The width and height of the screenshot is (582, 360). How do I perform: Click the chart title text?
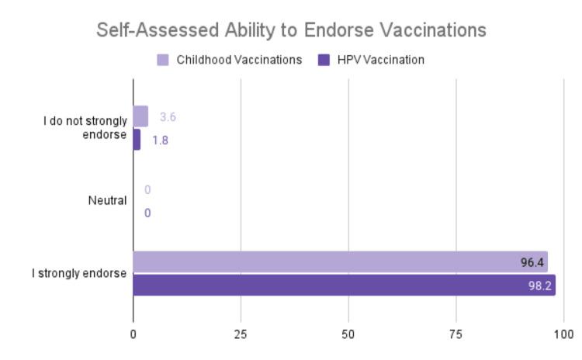[291, 30]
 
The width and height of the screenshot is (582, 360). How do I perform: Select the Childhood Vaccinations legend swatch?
[163, 60]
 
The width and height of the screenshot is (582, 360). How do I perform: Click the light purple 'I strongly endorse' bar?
[340, 262]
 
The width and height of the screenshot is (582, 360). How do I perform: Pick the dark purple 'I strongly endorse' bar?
[344, 285]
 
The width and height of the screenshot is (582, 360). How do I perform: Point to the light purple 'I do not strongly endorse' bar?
[140, 116]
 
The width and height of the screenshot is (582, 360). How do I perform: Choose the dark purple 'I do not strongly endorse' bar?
[137, 140]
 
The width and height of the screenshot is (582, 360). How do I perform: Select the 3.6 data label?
[168, 117]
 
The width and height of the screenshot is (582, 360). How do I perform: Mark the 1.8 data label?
[161, 140]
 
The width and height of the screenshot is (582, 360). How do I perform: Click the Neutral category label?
[107, 201]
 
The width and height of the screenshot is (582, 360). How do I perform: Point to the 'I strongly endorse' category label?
[85, 273]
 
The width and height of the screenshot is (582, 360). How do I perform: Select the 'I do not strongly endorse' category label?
[85, 128]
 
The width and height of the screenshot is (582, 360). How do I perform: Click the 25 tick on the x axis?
[241, 334]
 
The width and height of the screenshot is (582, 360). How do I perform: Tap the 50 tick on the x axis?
[348, 334]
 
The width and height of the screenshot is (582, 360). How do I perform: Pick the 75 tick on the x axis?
[456, 334]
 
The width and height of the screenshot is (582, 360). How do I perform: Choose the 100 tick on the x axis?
[563, 334]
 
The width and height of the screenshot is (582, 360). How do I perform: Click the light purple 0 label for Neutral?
[147, 190]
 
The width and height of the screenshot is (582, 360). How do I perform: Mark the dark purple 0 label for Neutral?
[147, 213]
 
